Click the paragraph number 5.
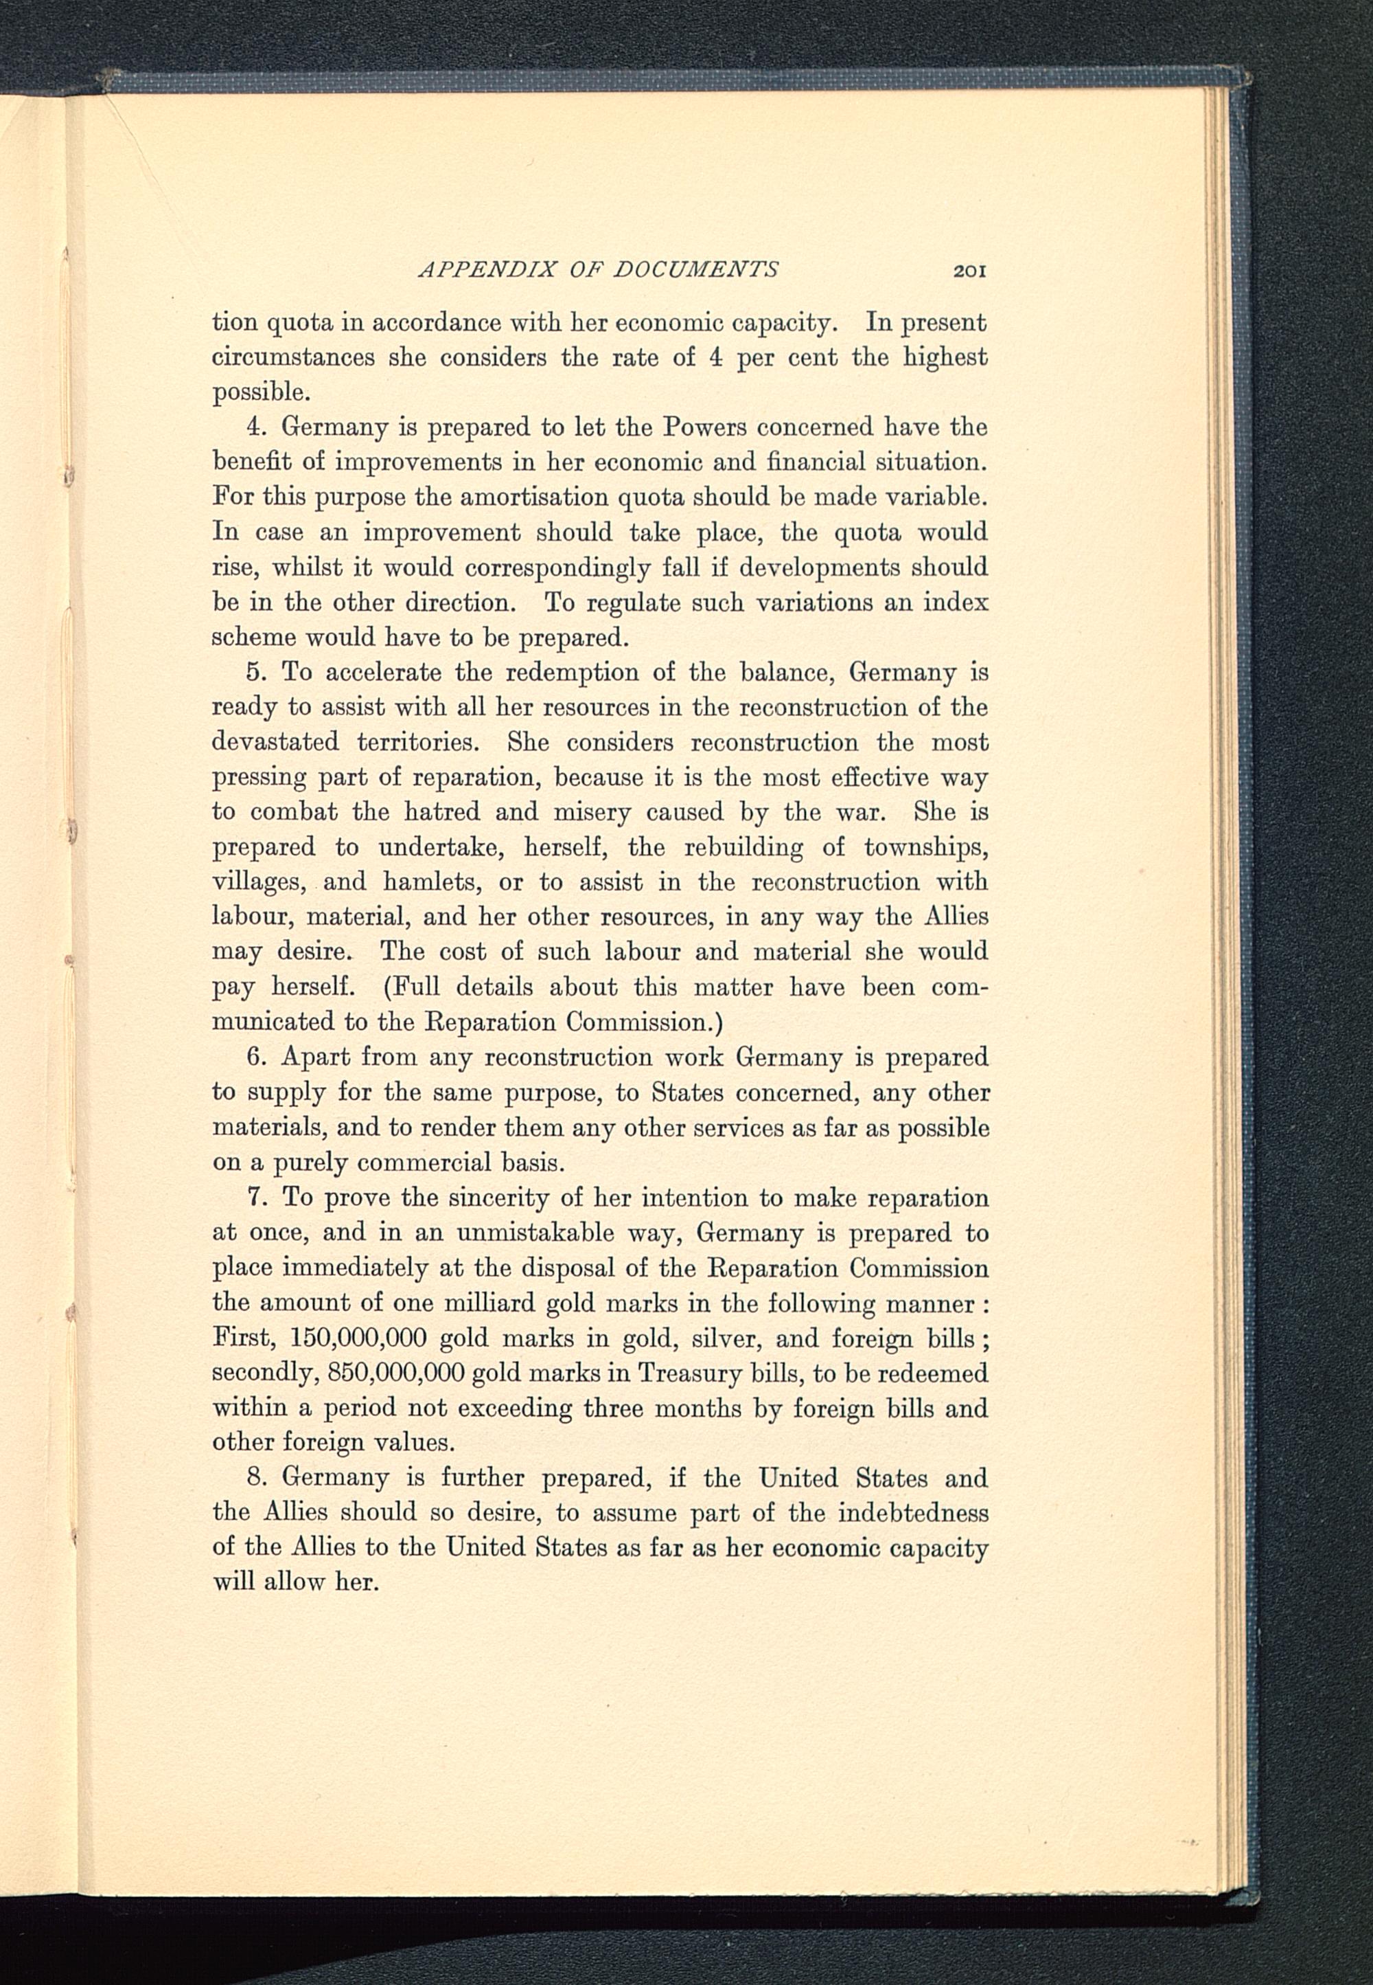coord(254,671)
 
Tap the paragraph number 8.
coord(254,1479)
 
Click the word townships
coord(925,848)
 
